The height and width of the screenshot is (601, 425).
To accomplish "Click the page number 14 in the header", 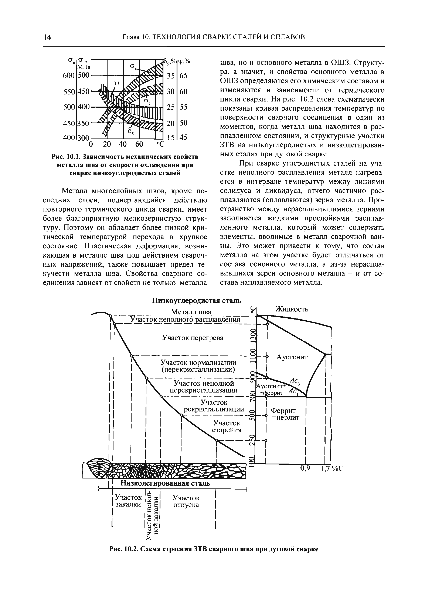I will [x=47, y=37].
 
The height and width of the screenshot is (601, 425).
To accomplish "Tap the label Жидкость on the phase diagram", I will [x=292, y=309].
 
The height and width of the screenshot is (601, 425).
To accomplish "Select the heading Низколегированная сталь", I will [x=165, y=483].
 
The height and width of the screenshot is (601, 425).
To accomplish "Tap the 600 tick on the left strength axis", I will [x=69, y=76].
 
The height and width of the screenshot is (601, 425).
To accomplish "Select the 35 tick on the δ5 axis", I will [x=170, y=76].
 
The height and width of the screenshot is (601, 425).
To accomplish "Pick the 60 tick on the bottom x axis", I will [x=139, y=144].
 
